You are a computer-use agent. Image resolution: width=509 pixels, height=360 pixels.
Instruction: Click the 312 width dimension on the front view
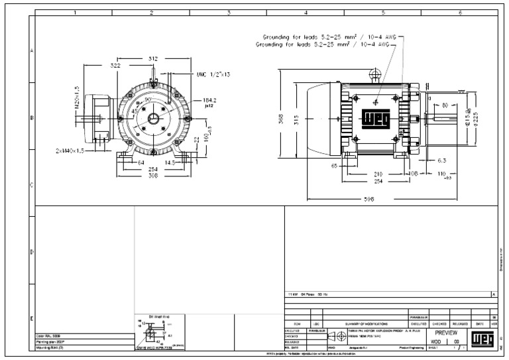[153, 59]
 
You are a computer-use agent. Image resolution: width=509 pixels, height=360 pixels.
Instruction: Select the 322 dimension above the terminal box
[115, 66]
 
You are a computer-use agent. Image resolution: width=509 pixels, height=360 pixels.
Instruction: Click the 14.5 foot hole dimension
[170, 162]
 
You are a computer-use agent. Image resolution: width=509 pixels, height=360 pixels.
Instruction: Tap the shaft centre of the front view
[153, 119]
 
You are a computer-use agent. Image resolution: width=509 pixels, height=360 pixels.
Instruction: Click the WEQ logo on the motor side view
[375, 121]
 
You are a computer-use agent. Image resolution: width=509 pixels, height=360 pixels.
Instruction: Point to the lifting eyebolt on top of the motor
[374, 75]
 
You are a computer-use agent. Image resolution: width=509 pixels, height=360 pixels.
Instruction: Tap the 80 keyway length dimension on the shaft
[445, 104]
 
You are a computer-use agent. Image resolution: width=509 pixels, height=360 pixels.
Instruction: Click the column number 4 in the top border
[306, 12]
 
